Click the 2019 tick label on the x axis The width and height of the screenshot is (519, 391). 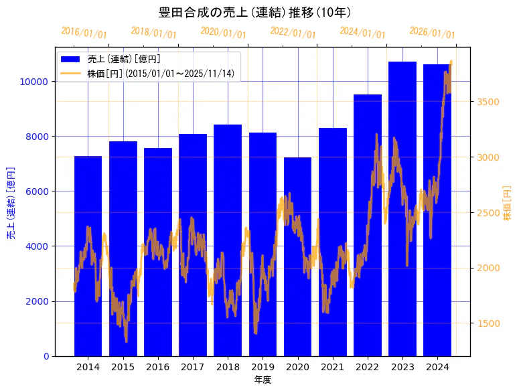pos(263,367)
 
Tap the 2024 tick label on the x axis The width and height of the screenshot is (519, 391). pos(437,367)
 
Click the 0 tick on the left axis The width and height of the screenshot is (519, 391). pos(47,356)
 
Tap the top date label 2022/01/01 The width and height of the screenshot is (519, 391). pos(293,33)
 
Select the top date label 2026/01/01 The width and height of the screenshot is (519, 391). pos(432,33)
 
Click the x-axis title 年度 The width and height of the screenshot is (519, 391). pos(263,380)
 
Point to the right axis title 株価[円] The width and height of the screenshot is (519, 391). pos(507,203)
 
